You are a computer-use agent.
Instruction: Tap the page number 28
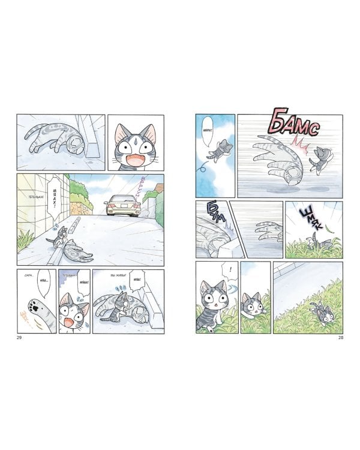[340, 340]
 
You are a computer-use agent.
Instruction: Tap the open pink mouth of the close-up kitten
[131, 159]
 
